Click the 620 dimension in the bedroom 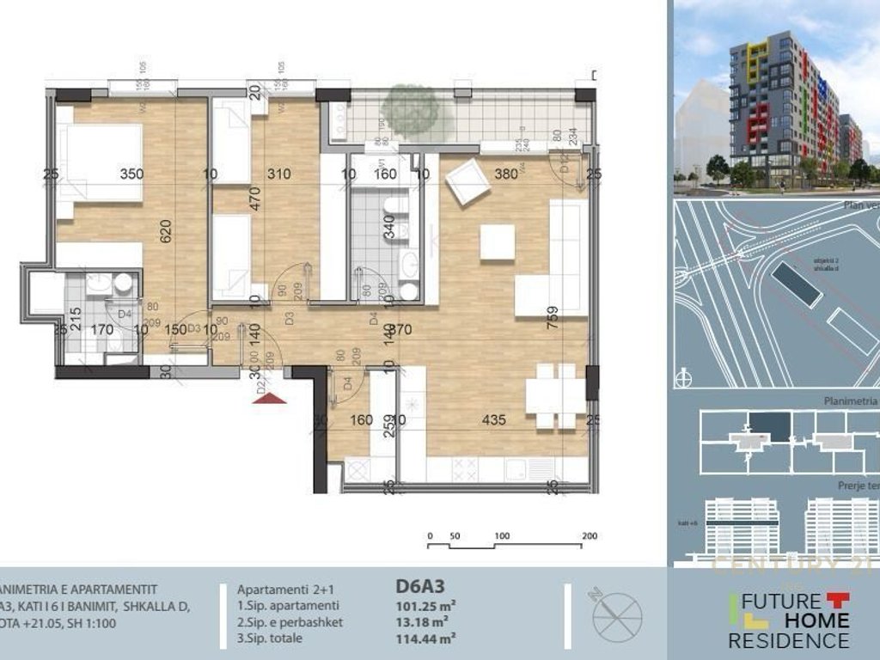(167, 229)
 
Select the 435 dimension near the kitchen (493, 421)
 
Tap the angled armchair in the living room (468, 181)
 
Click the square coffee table (497, 241)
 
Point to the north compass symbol (617, 613)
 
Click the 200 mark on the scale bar (589, 535)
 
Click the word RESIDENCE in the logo (788, 640)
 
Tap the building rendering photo (776, 96)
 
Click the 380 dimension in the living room (507, 174)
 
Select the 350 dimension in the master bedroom (131, 174)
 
